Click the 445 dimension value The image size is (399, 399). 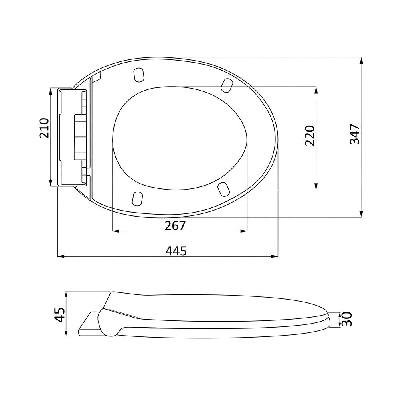tap(176, 251)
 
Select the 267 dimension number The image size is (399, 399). tap(175, 225)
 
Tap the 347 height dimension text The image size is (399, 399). tap(354, 134)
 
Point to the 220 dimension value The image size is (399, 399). tap(310, 135)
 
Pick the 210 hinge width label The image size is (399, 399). tap(44, 128)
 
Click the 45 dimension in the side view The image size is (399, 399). tap(60, 314)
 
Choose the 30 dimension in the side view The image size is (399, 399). tap(347, 319)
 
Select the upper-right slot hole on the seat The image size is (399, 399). tap(227, 85)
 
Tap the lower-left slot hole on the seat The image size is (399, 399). tap(137, 198)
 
